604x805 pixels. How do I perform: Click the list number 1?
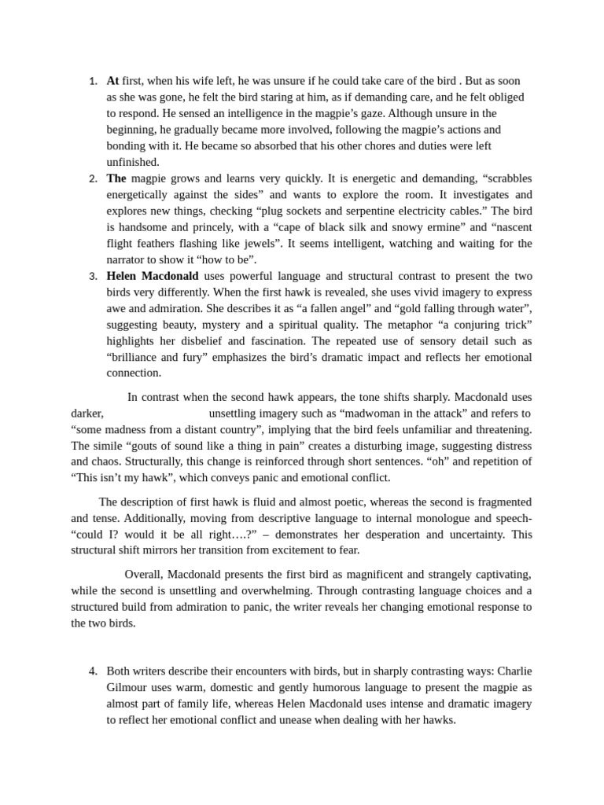(x=93, y=81)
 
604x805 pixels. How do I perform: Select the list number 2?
(x=93, y=178)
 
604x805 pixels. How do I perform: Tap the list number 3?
(x=93, y=276)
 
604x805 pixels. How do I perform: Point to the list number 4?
(x=93, y=671)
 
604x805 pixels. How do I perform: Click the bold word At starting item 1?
(x=112, y=80)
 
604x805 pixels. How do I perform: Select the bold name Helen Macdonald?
(x=153, y=276)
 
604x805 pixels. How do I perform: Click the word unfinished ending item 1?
(x=133, y=162)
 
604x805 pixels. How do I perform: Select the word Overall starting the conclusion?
(x=144, y=575)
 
